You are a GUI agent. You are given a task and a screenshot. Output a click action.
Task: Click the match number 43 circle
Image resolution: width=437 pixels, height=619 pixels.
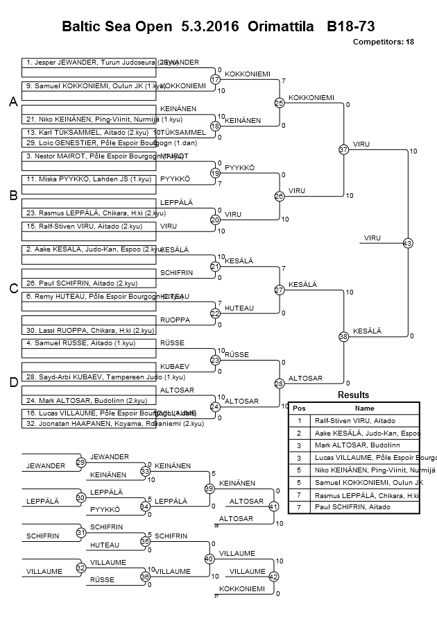407,243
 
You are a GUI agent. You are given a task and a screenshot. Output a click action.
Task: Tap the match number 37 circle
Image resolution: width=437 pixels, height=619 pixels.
343,149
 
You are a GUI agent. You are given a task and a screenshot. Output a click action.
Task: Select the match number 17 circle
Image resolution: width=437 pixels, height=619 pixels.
215,80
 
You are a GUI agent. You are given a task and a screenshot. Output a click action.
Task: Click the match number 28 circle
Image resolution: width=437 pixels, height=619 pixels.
280,383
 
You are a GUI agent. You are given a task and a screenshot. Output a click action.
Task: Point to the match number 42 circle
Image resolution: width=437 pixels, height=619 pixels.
273,576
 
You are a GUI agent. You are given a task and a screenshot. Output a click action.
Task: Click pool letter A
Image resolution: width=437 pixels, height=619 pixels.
12,103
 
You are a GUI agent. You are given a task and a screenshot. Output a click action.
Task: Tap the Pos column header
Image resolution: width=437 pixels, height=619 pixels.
299,408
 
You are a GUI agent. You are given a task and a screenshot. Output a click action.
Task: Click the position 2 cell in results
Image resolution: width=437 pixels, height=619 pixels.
299,433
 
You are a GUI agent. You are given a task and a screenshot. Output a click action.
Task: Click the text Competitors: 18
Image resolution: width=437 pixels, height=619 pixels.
383,42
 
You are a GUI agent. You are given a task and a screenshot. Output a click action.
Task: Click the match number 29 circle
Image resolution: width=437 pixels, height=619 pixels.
81,463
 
